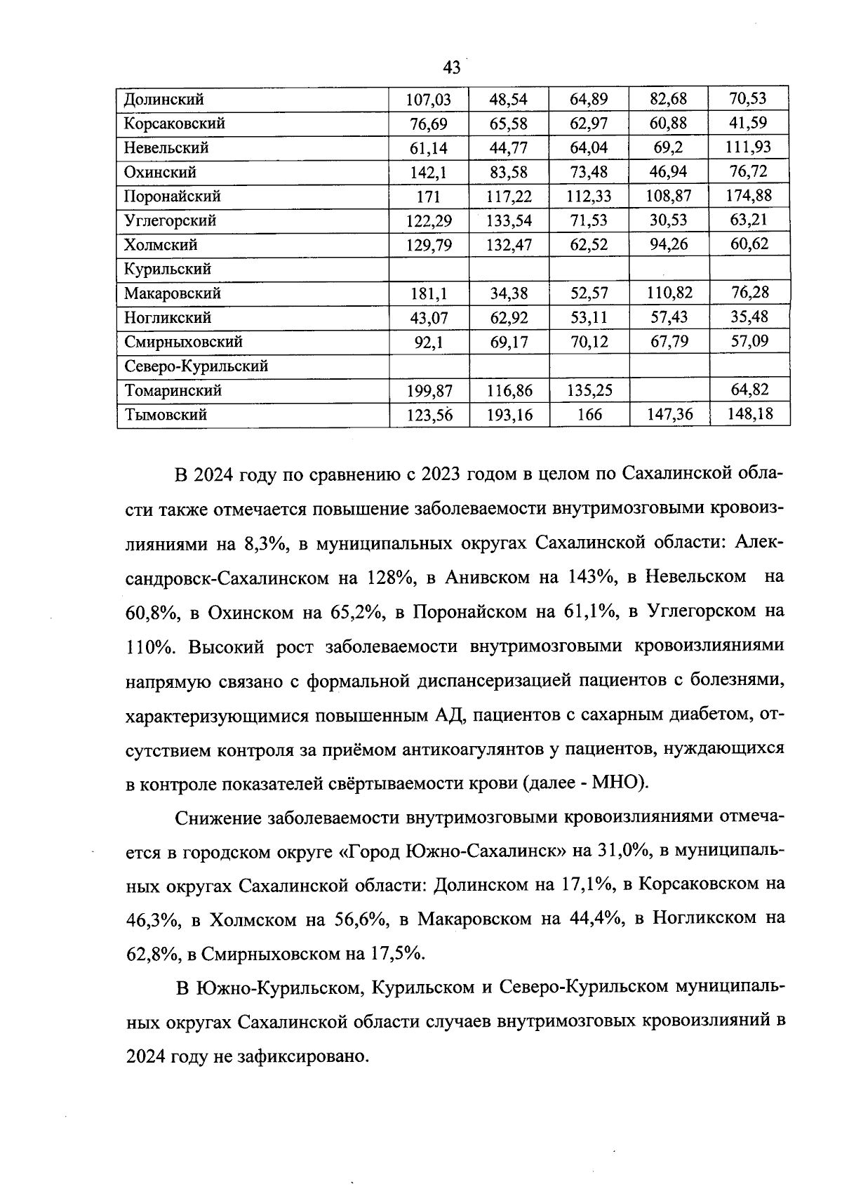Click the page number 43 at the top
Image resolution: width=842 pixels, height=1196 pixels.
(452, 67)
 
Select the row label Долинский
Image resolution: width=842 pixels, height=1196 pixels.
(164, 100)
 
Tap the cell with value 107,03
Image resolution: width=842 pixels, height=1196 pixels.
(429, 100)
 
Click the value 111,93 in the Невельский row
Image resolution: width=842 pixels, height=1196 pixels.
(748, 147)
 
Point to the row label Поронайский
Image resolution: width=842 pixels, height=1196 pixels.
(172, 196)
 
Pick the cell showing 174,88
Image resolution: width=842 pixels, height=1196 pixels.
(748, 195)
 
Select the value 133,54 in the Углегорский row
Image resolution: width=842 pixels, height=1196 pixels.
(509, 221)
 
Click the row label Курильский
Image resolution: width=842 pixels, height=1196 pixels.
(167, 269)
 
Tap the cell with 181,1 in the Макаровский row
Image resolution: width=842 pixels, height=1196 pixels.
(429, 293)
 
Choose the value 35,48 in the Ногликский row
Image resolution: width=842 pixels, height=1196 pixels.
(749, 317)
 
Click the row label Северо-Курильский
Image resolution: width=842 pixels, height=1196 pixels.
(196, 366)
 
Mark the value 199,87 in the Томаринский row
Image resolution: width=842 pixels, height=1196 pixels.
(429, 390)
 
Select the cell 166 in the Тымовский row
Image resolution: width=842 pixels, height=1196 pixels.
(589, 415)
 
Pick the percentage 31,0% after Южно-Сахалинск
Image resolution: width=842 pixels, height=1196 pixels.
(617, 851)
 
